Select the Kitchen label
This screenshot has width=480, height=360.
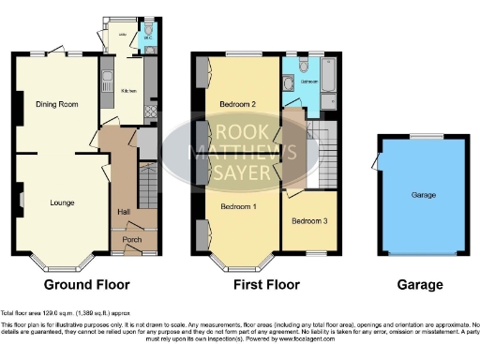(x=127, y=91)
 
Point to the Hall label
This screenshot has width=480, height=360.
(x=123, y=213)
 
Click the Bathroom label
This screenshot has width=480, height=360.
(x=307, y=82)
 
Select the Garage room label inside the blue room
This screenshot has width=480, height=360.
(x=422, y=196)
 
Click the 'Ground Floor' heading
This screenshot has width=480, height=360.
(x=86, y=284)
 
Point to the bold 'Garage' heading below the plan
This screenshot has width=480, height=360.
(x=419, y=284)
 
